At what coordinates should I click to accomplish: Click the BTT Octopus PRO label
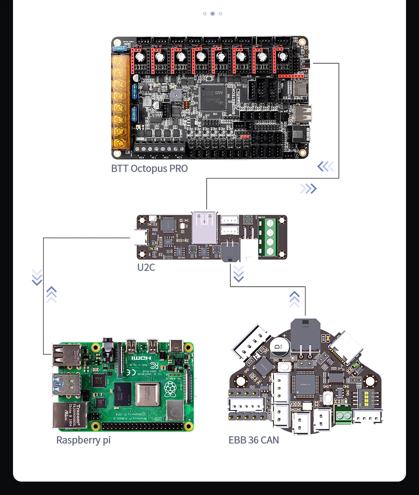point(150,168)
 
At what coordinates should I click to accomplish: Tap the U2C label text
point(146,267)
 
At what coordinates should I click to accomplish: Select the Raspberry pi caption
point(83,440)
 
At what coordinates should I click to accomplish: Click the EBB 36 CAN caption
point(253,440)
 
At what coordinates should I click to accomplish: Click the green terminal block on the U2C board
point(267,237)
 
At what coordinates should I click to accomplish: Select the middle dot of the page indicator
point(212,13)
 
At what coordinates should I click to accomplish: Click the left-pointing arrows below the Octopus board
point(326,167)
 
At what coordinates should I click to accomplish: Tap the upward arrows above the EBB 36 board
point(295,299)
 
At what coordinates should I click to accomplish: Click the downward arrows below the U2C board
point(238,274)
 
